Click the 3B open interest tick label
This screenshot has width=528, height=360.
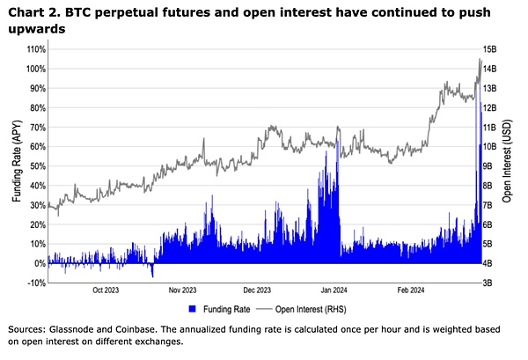pyautogui.click(x=488, y=283)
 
